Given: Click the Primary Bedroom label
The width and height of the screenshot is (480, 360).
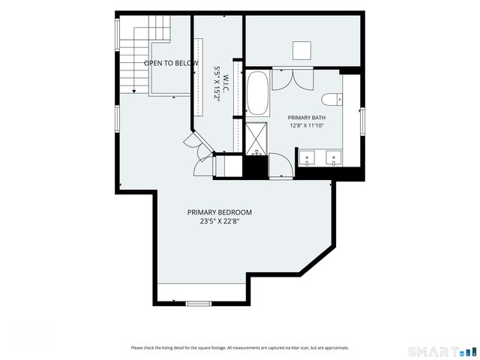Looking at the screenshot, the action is [220, 212].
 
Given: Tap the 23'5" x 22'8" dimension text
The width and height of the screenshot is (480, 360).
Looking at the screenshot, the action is [220, 222].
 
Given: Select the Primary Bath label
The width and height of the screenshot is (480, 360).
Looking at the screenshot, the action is [307, 118].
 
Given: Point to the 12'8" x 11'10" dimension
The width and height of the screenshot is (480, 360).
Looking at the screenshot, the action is [307, 125].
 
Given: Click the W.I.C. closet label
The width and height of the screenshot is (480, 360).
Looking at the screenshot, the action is [226, 82].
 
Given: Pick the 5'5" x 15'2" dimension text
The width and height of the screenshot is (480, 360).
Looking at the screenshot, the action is [217, 83].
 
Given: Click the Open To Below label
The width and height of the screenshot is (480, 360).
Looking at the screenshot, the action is [171, 63].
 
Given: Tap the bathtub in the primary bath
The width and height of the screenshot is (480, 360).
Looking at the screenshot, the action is [258, 93].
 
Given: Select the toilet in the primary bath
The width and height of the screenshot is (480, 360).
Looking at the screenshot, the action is [331, 99].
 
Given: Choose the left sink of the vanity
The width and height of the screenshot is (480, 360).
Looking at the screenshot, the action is [307, 158].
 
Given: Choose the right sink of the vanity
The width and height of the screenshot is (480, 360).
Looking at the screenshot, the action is [334, 158].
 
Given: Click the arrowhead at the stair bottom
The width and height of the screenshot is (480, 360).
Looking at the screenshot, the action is [133, 91].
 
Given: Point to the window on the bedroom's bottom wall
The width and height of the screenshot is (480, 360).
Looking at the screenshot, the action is [199, 304].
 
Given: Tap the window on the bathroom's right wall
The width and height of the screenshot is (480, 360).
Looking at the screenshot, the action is [362, 121].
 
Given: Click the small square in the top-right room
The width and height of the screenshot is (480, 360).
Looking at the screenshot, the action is [301, 51].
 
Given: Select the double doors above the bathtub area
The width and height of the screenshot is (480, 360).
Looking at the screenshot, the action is [292, 79].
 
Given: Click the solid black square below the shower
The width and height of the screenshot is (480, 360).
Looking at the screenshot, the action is [255, 166].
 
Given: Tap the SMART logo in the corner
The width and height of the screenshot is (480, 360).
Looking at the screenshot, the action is [442, 351].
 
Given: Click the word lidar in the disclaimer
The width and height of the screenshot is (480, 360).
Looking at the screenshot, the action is [295, 348].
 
